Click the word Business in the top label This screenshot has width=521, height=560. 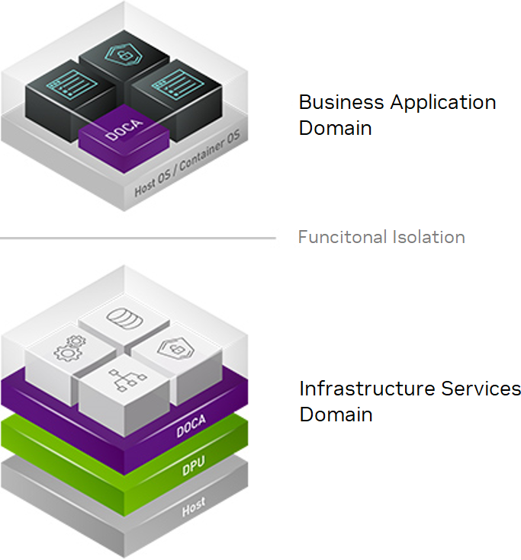[333, 102]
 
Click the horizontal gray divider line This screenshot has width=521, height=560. [137, 238]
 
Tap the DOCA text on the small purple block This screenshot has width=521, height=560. [123, 130]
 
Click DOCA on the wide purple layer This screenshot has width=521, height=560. [191, 429]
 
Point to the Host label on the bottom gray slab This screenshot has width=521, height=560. [193, 507]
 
